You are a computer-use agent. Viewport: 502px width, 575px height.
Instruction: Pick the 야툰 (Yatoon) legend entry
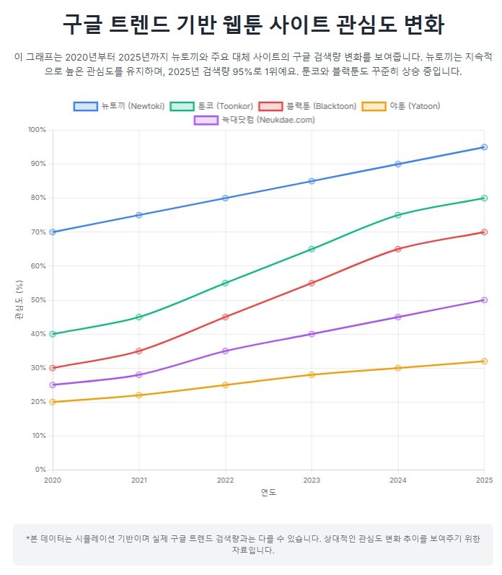tap(400, 106)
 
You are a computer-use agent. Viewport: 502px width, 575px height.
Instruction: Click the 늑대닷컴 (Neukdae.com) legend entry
tap(255, 120)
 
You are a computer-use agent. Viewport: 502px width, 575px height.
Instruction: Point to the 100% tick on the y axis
tap(36, 130)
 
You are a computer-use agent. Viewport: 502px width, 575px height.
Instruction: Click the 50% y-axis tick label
tap(38, 300)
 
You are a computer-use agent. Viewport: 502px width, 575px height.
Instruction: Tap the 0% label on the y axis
tap(40, 470)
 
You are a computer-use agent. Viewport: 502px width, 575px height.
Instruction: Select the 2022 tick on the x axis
tap(226, 480)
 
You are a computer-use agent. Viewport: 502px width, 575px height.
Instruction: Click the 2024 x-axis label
tap(398, 480)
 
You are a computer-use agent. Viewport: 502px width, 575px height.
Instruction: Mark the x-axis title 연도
tap(268, 493)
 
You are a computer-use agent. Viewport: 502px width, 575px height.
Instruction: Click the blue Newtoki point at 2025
tap(484, 147)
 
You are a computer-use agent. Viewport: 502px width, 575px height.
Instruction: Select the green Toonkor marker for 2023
tap(312, 249)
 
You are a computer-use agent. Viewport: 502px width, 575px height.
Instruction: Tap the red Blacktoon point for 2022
tap(226, 317)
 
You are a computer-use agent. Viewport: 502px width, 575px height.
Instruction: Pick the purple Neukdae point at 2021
tap(139, 375)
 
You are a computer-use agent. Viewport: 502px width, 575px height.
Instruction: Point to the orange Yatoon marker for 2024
tap(398, 368)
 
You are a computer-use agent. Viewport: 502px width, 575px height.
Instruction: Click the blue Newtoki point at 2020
tap(53, 232)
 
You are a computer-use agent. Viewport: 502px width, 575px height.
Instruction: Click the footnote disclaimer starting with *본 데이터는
tap(253, 544)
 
